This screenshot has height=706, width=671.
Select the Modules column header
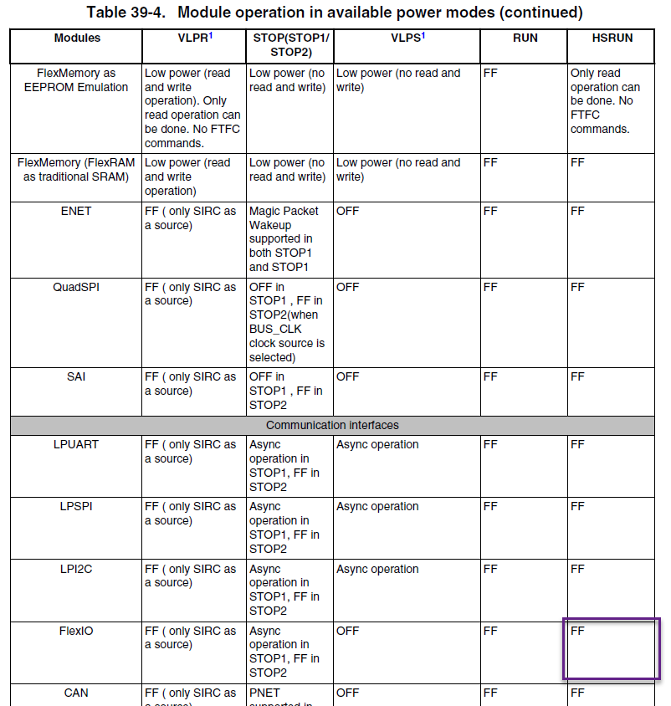[x=77, y=38]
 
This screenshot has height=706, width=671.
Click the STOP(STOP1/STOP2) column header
[x=289, y=45]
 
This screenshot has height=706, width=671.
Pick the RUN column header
[x=525, y=38]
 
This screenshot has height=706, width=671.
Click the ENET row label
[x=76, y=211]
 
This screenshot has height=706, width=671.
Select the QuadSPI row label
[x=76, y=287]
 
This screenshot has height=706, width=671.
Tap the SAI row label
[x=76, y=376]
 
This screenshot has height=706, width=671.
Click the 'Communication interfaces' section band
[x=332, y=425]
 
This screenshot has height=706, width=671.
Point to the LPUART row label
[x=76, y=444]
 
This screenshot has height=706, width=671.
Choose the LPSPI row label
[x=76, y=506]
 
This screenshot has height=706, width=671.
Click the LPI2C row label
[x=76, y=569]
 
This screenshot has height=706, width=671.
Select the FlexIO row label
[x=76, y=631]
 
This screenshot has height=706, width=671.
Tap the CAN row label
[x=76, y=693]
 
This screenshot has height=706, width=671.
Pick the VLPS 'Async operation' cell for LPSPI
[x=377, y=506]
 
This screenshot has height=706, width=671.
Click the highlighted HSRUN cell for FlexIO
[x=612, y=648]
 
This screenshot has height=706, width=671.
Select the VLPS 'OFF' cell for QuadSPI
[x=347, y=287]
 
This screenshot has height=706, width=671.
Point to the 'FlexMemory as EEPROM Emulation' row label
[x=76, y=79]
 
